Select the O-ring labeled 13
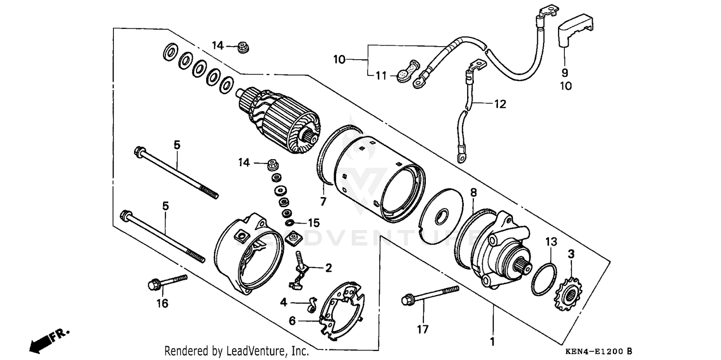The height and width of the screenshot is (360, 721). [x=545, y=280]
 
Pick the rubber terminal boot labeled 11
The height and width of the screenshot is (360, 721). [x=407, y=71]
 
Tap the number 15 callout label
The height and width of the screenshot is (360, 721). [x=313, y=223]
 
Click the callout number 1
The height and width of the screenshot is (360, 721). [x=492, y=342]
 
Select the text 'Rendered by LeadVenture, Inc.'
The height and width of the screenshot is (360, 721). [x=236, y=351]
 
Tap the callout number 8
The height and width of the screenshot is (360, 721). [x=473, y=193]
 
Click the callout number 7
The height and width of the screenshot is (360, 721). [x=323, y=202]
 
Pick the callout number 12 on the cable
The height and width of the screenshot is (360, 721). [x=500, y=104]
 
